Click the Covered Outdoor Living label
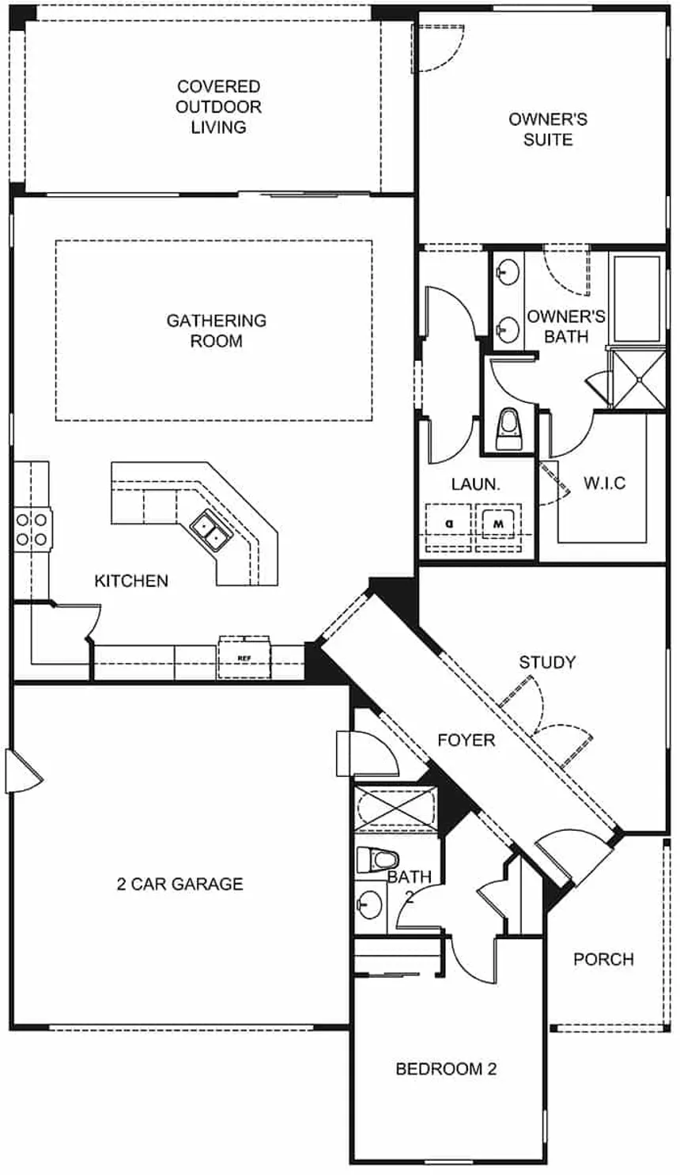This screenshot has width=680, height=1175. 218,107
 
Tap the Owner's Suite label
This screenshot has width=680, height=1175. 547,129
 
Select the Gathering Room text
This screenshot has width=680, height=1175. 216,331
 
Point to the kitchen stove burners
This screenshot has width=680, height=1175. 31,529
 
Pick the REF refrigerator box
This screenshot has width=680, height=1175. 244,657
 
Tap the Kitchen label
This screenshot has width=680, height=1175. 131,581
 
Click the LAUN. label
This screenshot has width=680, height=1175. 475,484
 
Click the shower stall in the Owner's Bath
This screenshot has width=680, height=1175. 639,378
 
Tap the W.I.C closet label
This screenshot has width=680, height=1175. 604,483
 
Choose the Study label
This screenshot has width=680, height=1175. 547,662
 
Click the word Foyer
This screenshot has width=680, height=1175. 467,740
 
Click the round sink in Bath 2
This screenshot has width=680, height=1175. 368,902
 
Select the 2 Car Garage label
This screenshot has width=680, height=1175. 179,884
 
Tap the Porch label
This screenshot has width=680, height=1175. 603,959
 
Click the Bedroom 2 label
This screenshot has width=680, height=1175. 446,1069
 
